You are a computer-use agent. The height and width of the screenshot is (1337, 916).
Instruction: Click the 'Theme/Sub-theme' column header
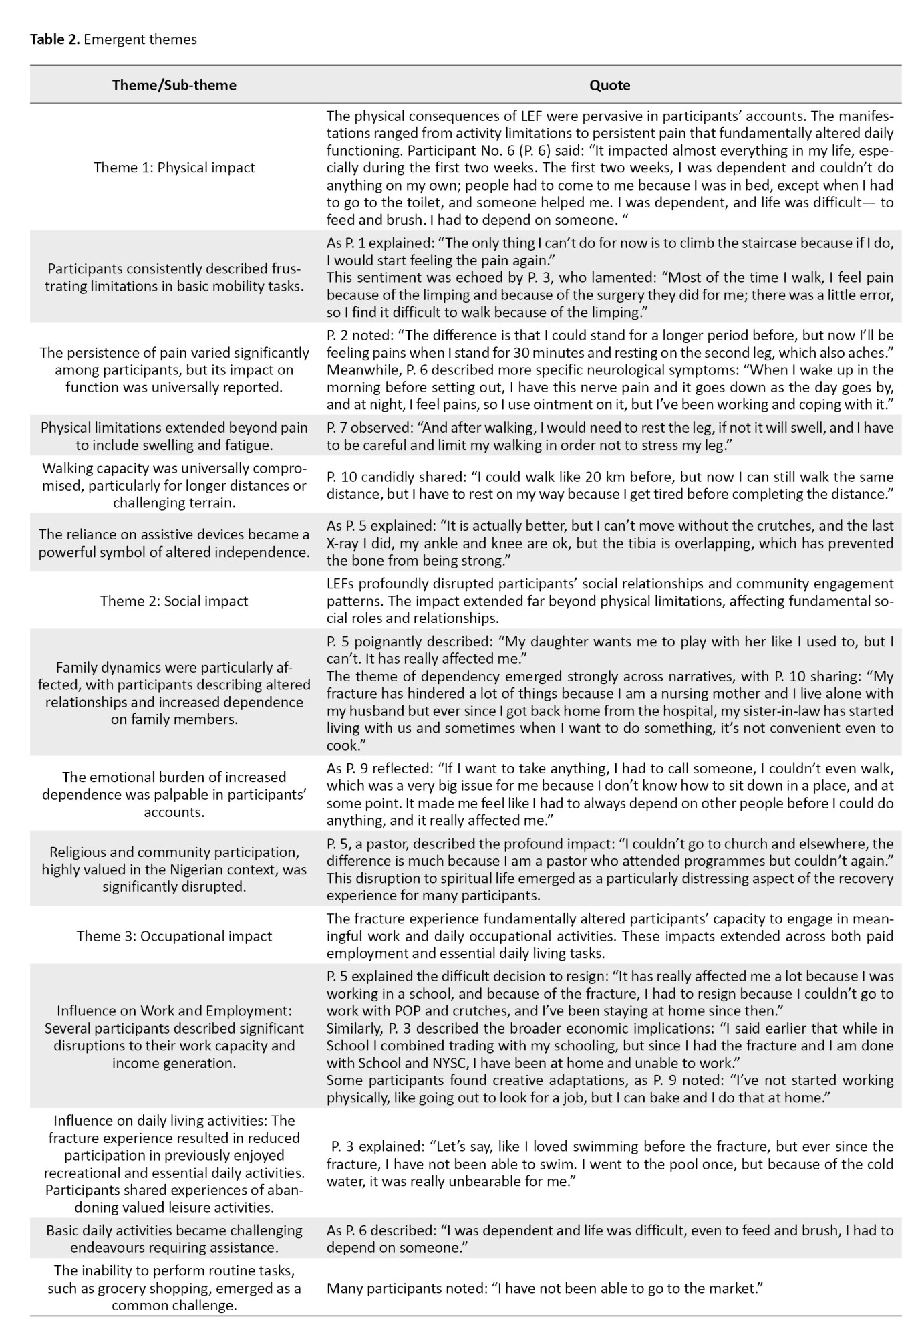pyautogui.click(x=174, y=85)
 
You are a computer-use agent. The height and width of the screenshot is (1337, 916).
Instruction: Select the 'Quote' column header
pyautogui.click(x=609, y=85)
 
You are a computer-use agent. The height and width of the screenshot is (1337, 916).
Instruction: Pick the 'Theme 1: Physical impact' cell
pyautogui.click(x=174, y=167)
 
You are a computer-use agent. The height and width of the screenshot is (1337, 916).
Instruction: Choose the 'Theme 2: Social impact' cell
pyautogui.click(x=174, y=600)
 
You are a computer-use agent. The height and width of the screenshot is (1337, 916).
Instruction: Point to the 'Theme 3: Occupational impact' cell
pyautogui.click(x=174, y=935)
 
